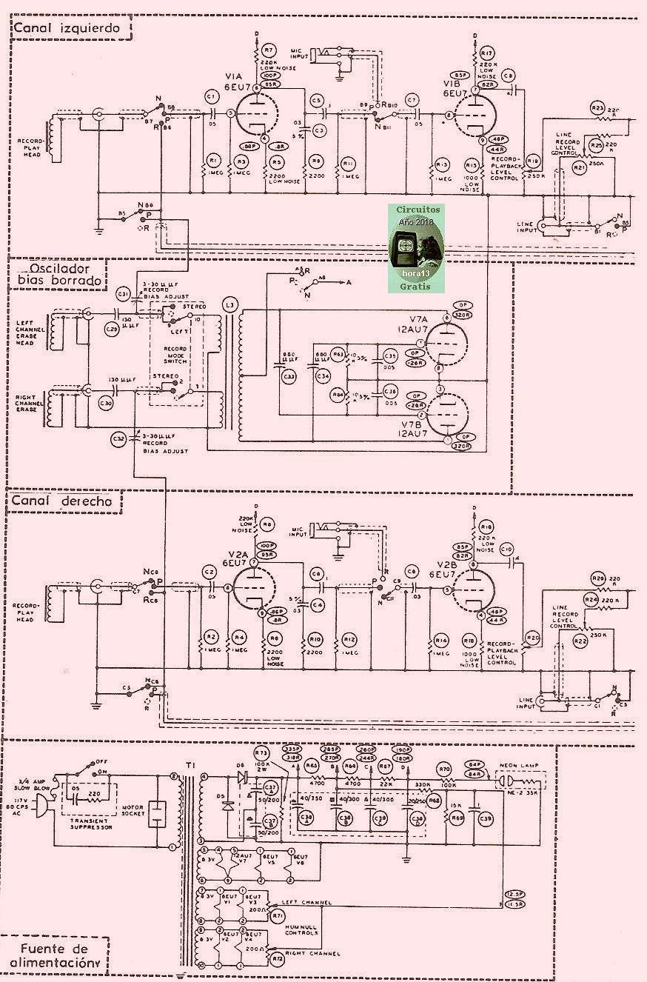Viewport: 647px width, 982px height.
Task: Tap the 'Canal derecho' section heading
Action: tap(62, 501)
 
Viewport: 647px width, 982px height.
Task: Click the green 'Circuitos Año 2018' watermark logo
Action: tap(419, 238)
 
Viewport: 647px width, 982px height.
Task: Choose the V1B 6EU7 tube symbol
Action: tap(479, 116)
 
